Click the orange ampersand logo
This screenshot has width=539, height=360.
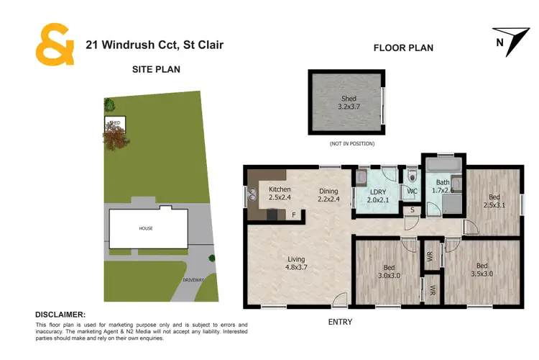click(x=55, y=44)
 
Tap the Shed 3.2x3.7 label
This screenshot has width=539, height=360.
click(x=347, y=102)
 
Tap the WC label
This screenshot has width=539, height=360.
click(x=412, y=192)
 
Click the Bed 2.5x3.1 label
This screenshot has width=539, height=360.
click(x=494, y=201)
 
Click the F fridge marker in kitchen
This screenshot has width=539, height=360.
click(x=293, y=215)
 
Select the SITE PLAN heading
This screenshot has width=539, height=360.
click(x=156, y=70)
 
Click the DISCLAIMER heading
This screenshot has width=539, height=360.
click(x=60, y=315)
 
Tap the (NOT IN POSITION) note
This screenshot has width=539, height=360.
click(x=352, y=144)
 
